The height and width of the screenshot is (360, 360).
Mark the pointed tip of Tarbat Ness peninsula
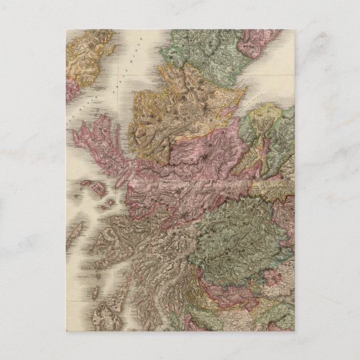coord(245,88)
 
